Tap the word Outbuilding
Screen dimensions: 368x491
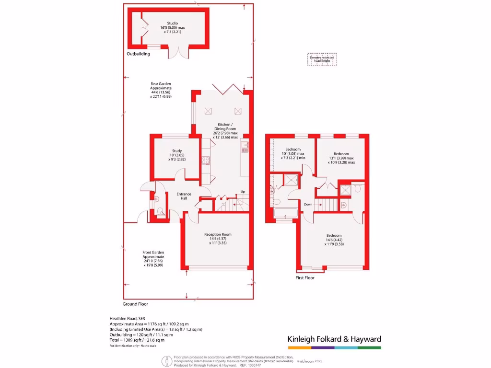pyautogui.click(x=138, y=54)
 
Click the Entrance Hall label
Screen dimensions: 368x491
pyautogui.click(x=184, y=196)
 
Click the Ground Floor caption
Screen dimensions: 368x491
pyautogui.click(x=136, y=304)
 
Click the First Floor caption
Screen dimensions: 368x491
pyautogui.click(x=305, y=277)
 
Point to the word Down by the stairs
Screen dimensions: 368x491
pyautogui.click(x=308, y=204)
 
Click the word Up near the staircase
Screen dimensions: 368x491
pyautogui.click(x=243, y=192)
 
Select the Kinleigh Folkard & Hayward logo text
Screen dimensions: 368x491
pyautogui.click(x=334, y=339)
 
